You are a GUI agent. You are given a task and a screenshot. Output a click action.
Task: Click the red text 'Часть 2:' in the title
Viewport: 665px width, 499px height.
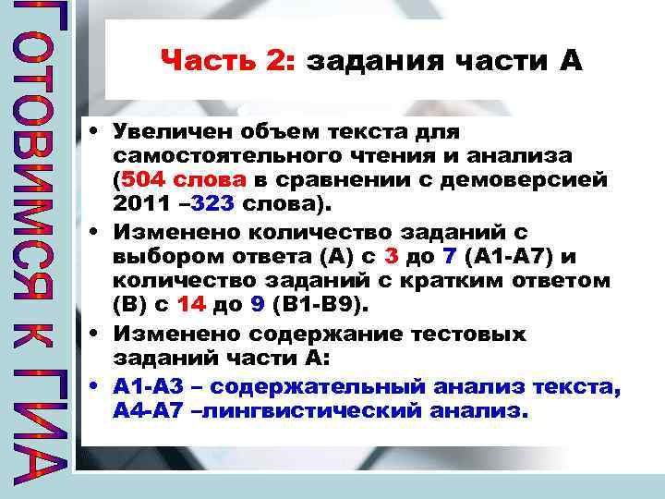(227, 62)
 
